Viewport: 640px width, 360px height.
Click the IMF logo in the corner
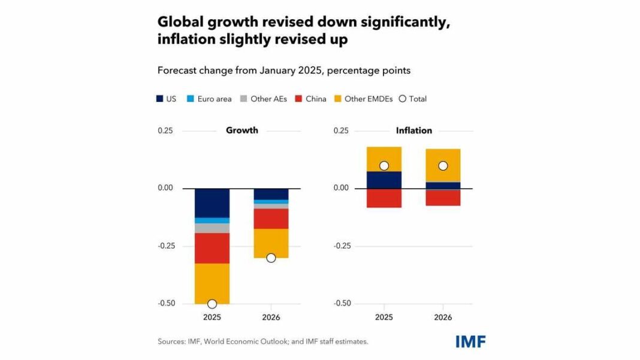[470, 341]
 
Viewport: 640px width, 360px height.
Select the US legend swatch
[160, 99]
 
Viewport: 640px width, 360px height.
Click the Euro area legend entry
[209, 99]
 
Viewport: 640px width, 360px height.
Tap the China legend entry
[310, 99]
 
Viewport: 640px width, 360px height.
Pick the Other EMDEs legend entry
[366, 99]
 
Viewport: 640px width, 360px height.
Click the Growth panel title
[242, 131]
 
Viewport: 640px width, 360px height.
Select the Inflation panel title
[413, 131]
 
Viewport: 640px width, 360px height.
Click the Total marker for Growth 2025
[212, 304]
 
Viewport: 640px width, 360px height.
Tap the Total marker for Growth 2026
[271, 258]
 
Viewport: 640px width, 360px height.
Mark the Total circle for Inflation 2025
[384, 166]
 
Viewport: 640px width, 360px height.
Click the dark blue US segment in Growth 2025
[212, 203]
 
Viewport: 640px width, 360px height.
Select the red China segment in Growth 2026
[271, 219]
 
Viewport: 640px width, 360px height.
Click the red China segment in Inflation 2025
[384, 198]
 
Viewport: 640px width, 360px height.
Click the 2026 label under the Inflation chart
[443, 317]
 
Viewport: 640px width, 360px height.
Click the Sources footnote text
[262, 341]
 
